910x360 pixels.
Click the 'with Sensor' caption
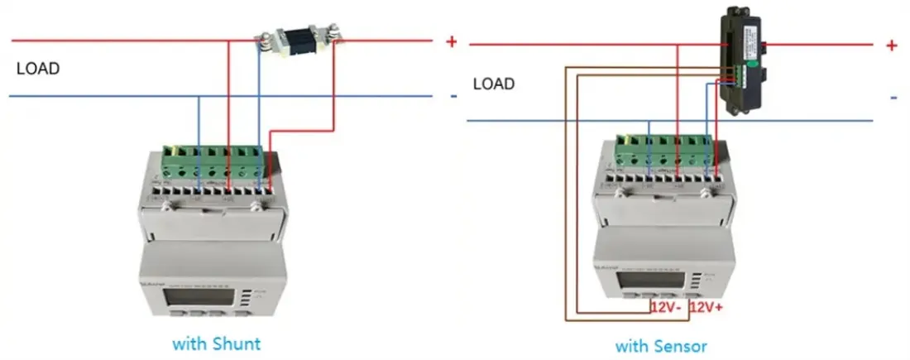click(x=661, y=344)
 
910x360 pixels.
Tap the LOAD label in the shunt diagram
click(x=38, y=69)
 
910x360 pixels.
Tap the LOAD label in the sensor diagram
click(x=494, y=84)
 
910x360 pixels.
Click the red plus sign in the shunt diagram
click(x=452, y=41)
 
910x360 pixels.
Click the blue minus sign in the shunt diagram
click(x=453, y=96)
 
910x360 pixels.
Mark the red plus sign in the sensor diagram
click(x=891, y=46)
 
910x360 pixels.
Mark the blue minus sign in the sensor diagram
click(x=893, y=98)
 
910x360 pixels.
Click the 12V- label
click(x=666, y=307)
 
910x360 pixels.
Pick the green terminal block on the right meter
click(x=662, y=151)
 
